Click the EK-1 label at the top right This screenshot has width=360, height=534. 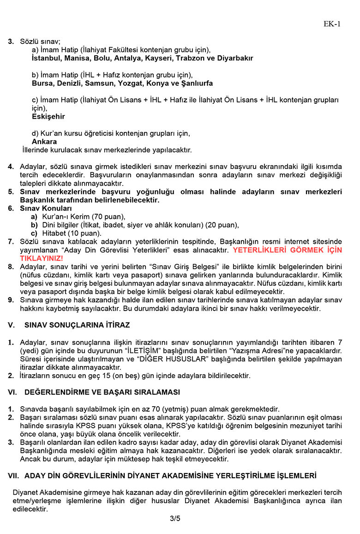tap(332, 24)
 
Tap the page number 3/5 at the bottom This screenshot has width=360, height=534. tap(175, 518)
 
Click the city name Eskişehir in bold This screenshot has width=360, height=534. tap(48, 117)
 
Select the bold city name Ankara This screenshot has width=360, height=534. tap(44, 142)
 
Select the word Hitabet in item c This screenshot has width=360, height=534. tap(53, 233)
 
